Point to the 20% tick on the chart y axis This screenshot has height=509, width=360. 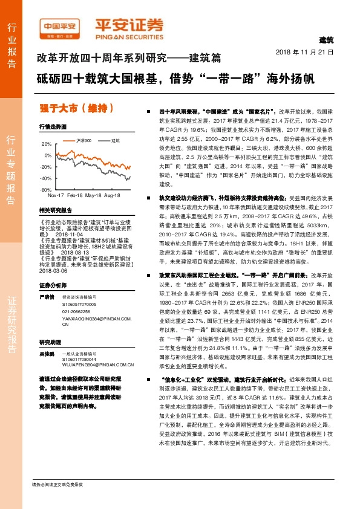(x=47, y=144)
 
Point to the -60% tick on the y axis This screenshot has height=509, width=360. (x=46, y=190)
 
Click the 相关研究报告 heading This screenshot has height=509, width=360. (x=55, y=210)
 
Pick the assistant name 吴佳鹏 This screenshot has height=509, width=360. (x=47, y=351)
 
